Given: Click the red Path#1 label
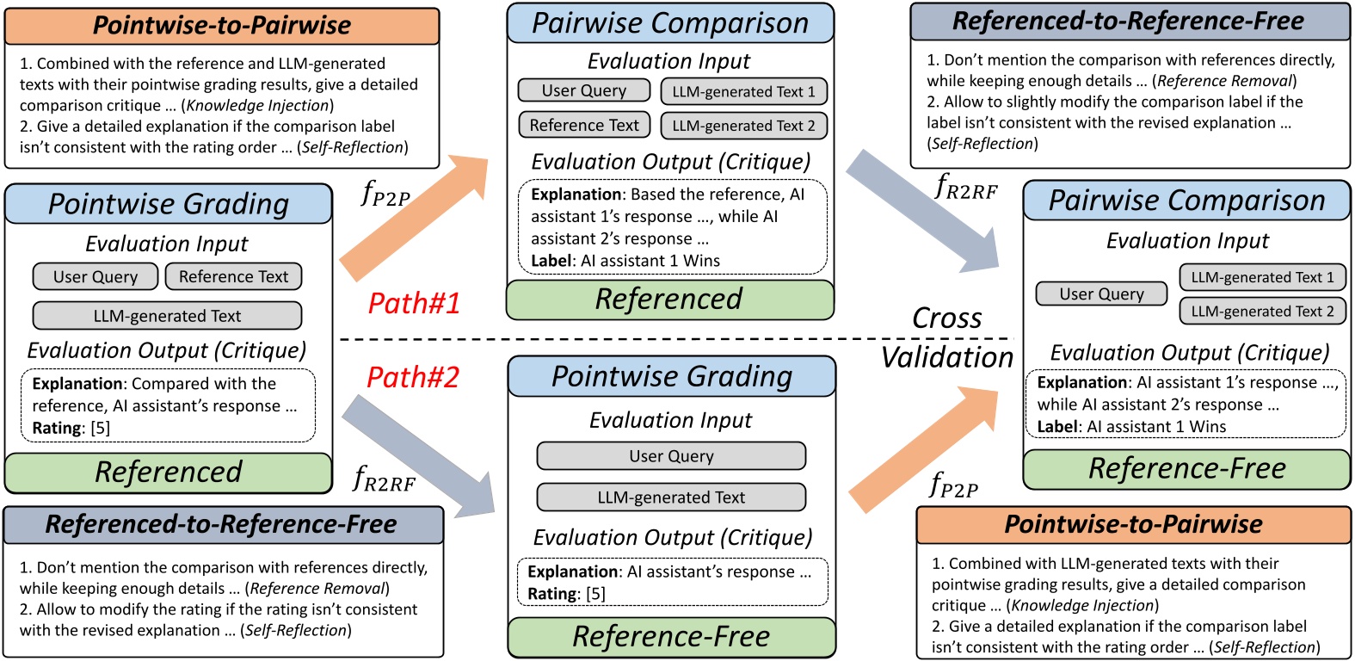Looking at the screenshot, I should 414,303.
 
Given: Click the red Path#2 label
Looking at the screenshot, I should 413,377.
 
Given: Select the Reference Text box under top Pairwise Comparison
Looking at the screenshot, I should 584,125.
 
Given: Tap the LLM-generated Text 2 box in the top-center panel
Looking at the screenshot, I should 743,126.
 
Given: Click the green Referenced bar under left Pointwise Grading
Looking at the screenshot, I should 169,472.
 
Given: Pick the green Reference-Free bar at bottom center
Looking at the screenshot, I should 671,637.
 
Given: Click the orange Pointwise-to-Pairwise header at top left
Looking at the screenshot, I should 222,25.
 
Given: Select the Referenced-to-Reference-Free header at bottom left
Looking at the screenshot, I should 222,524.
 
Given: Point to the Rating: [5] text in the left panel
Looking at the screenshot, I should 71,428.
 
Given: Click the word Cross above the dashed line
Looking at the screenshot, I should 946,318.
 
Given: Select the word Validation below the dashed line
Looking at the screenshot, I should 947,357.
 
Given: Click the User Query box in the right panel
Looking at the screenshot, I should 1101,294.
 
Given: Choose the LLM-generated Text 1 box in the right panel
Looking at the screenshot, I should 1262,277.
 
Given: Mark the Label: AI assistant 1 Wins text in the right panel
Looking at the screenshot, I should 1131,427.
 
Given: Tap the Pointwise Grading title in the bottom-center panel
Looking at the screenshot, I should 671,376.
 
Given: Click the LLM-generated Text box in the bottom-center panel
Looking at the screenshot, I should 671,497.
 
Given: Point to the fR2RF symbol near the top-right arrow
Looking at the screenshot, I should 966,188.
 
